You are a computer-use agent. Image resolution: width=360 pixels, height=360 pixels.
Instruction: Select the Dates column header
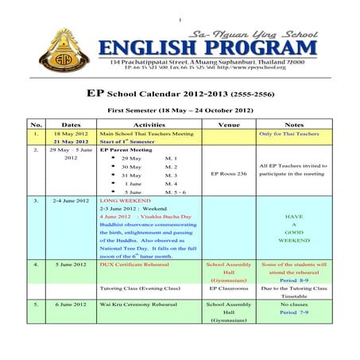pos(71,125)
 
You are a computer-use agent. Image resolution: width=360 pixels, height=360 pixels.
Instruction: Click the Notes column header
pos(293,125)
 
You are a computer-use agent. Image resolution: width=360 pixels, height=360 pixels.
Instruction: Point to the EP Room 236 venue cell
pos(229,172)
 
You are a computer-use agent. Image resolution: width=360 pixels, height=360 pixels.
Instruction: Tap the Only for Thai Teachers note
pos(293,134)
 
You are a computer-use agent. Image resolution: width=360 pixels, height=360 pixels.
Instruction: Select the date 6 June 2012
pos(71,304)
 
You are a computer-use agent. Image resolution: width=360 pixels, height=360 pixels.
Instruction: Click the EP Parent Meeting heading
pos(126,149)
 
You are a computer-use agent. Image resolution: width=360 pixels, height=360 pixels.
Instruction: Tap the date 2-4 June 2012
pos(71,201)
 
